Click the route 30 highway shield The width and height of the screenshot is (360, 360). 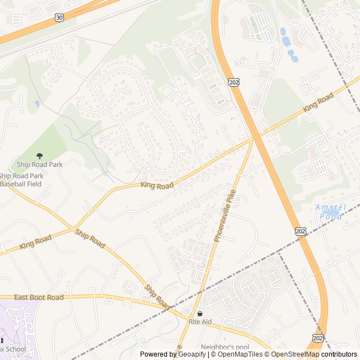(x=59, y=19)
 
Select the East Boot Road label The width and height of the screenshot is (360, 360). (x=39, y=297)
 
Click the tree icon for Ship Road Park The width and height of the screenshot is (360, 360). (x=39, y=156)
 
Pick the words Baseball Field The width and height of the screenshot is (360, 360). (x=21, y=183)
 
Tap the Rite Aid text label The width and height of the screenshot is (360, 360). (x=200, y=322)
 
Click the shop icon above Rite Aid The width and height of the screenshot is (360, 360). (x=200, y=313)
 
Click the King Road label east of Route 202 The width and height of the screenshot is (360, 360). (x=318, y=102)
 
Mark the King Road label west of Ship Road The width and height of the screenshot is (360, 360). (x=35, y=242)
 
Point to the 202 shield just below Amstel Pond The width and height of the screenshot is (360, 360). (x=300, y=231)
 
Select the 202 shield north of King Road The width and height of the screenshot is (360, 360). (x=234, y=83)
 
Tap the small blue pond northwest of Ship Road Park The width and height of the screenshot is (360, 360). (x=37, y=103)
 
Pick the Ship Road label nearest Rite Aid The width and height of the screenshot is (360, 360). (x=157, y=296)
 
